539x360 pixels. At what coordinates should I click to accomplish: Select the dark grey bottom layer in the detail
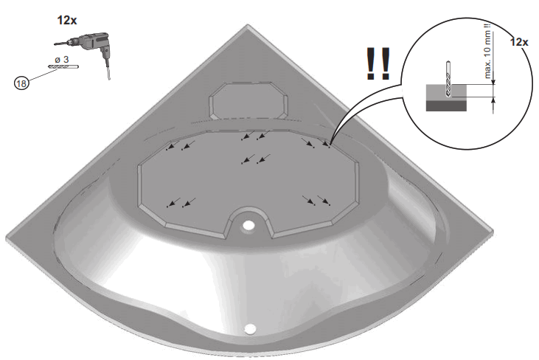[446, 105]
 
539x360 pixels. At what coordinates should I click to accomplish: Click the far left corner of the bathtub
[9, 236]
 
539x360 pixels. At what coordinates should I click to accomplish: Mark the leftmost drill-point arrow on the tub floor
[172, 146]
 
